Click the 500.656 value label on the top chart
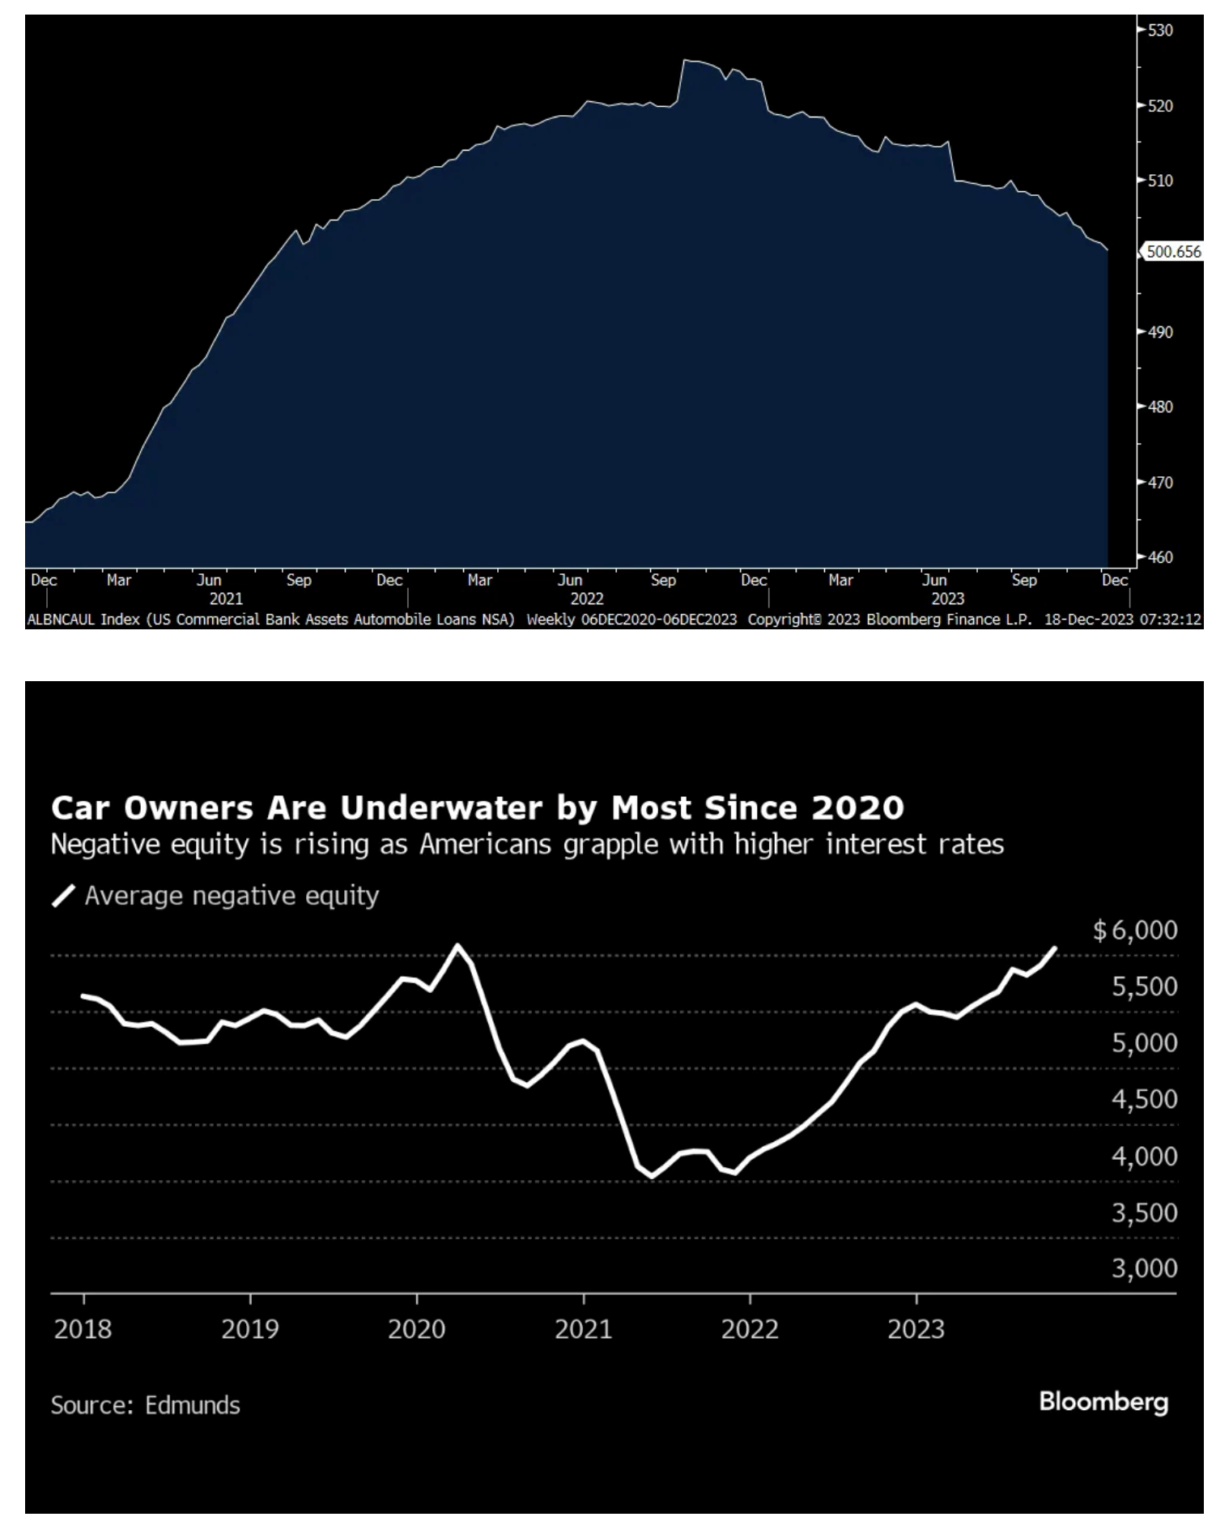coord(1173,252)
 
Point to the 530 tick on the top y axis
coord(1159,31)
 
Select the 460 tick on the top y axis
coord(1159,557)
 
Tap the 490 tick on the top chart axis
coord(1159,332)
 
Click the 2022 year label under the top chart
coord(587,599)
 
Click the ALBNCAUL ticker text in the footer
coord(62,620)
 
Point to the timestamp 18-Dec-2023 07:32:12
coord(1122,620)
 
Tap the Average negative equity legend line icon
coord(63,897)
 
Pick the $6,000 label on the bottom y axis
coord(1135,931)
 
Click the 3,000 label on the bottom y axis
coord(1144,1268)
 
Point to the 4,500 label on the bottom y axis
coord(1144,1100)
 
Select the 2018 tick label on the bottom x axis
coord(83,1330)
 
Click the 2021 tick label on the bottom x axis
coord(583,1330)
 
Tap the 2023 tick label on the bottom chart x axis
coord(916,1330)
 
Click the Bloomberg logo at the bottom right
coord(1103,1402)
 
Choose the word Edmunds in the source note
coord(193,1405)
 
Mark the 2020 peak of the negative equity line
coord(457,945)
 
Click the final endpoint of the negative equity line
coord(1055,948)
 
